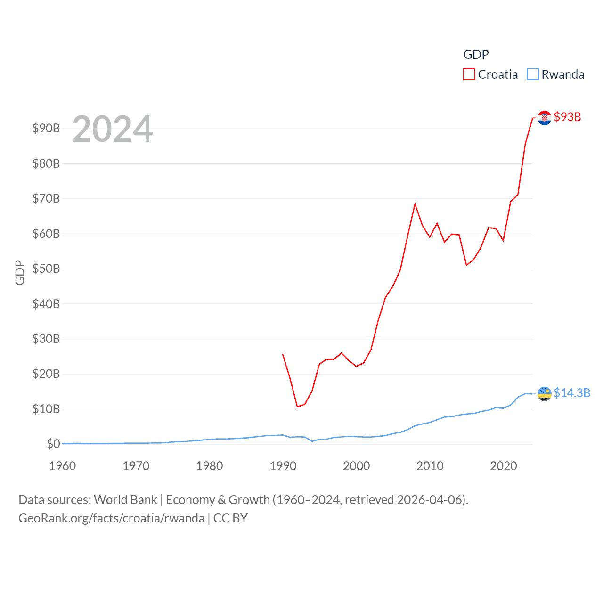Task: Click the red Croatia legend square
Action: (469, 74)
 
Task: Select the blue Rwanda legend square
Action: (532, 74)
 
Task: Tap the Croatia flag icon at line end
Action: (544, 117)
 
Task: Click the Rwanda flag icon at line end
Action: (544, 393)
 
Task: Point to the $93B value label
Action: (567, 117)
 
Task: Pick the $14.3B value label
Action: (571, 393)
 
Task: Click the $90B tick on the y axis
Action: (46, 128)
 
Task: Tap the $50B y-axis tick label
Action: (46, 269)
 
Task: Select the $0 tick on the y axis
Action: (53, 444)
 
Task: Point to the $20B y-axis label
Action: (46, 374)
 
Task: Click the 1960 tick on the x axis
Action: (63, 466)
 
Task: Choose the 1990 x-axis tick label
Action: (283, 466)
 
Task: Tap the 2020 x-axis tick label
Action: (504, 466)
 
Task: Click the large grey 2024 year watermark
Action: (113, 129)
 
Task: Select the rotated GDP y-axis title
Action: (20, 272)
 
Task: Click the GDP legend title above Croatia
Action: (476, 55)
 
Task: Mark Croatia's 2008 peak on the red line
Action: (415, 204)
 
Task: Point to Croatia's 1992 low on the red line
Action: (297, 406)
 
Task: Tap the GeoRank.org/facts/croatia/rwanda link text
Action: (112, 518)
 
